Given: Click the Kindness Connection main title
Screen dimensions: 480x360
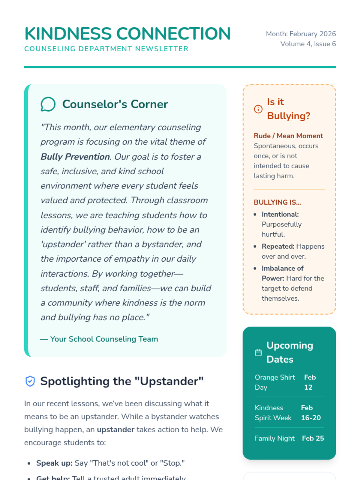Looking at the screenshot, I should click(127, 34).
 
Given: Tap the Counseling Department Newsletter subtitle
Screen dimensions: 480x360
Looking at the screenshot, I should click(106, 49).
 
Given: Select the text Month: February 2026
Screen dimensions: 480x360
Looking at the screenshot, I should click(301, 34).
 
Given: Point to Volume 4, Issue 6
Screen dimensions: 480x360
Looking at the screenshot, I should click(308, 44).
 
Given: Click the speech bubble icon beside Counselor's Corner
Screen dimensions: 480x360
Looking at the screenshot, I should click(48, 104).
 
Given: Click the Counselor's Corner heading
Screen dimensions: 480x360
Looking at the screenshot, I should click(115, 104).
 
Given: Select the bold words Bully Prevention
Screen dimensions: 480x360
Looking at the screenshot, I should click(75, 157).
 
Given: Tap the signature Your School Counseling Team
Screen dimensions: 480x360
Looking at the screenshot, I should click(104, 339).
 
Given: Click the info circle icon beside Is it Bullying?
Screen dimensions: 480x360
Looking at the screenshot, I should click(258, 109).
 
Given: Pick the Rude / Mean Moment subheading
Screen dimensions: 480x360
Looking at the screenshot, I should click(288, 136).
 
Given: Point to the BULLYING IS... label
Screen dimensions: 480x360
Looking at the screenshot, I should click(277, 202).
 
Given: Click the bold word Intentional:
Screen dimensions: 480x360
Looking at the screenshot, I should click(280, 214).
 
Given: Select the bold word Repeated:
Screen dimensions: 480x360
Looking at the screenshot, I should click(278, 247).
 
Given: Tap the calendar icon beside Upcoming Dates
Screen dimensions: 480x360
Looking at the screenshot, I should click(258, 352).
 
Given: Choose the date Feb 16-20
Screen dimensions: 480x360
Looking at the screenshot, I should click(310, 413).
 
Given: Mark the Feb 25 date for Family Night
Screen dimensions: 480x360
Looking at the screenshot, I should click(313, 438).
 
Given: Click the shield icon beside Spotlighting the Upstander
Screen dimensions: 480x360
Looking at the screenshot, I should click(30, 381).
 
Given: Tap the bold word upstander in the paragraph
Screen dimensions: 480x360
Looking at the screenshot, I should click(115, 430).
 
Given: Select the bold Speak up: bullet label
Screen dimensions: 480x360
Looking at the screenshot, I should click(54, 463).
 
